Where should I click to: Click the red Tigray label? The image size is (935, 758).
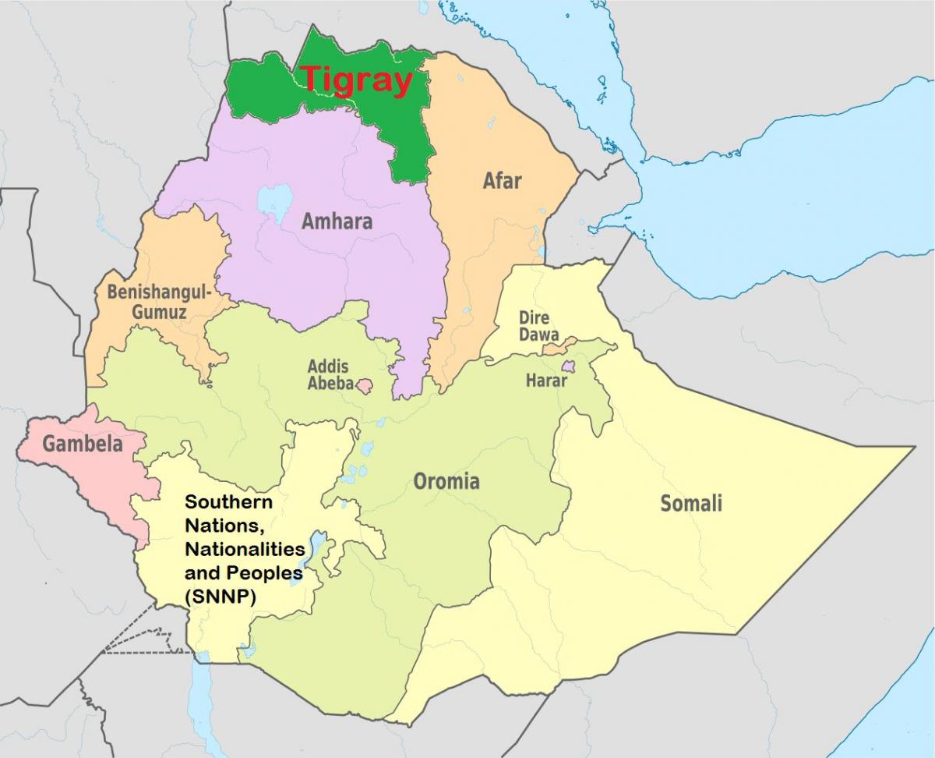tap(356, 80)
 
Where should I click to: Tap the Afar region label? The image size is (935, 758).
tap(503, 181)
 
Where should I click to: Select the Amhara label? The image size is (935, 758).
tap(337, 221)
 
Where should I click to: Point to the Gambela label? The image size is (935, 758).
tap(83, 445)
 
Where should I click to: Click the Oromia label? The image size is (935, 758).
tap(446, 481)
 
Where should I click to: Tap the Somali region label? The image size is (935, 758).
tap(691, 504)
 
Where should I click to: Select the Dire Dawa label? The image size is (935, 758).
tap(535, 326)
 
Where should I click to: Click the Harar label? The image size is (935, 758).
tap(546, 382)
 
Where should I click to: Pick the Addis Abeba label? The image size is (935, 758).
tap(328, 374)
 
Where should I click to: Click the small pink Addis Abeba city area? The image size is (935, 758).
tap(364, 384)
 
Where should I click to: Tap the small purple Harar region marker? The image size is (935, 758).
tap(569, 367)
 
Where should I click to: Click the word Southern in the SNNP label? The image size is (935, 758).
tap(217, 502)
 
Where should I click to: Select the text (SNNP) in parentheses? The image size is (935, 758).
tap(221, 597)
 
